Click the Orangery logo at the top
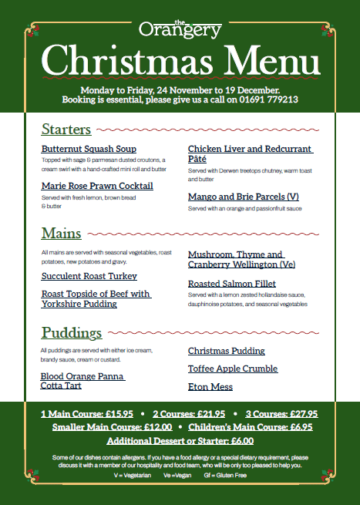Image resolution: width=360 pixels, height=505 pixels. (x=180, y=29)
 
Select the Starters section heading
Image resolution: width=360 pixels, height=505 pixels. (x=66, y=130)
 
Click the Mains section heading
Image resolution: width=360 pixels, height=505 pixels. (x=62, y=233)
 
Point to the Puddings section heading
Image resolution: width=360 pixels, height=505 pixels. (x=72, y=333)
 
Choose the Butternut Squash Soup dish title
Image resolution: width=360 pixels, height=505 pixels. (x=89, y=149)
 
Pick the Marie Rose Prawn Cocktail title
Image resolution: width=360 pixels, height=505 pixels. (x=97, y=186)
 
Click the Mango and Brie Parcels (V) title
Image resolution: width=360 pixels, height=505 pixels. (x=243, y=197)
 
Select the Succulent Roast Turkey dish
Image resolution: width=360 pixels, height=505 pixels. (x=89, y=276)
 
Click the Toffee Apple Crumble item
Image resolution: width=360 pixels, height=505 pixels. (x=234, y=369)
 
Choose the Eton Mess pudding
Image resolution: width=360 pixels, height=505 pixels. (x=210, y=386)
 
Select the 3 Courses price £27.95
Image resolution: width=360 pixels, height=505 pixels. (x=297, y=413)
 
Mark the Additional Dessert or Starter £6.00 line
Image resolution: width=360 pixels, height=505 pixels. (x=180, y=441)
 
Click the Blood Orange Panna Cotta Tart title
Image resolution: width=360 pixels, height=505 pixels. (x=82, y=381)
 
